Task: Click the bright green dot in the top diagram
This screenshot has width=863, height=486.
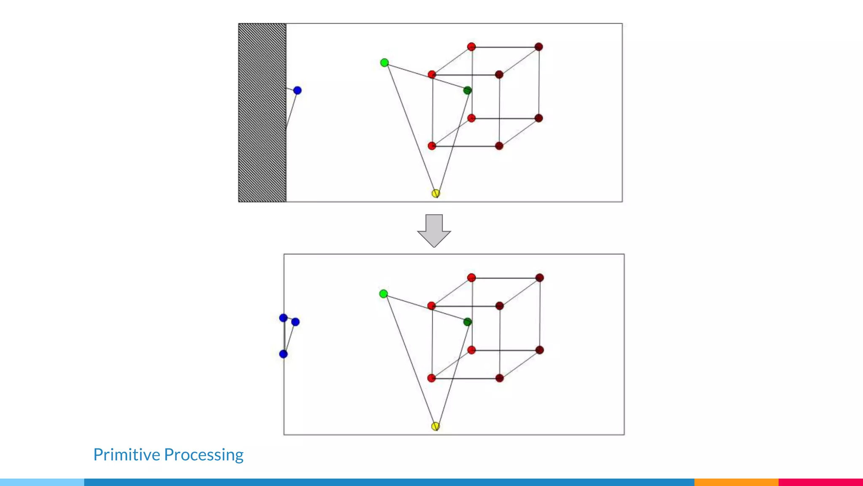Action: pos(384,63)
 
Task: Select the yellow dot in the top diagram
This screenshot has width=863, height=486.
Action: pos(436,193)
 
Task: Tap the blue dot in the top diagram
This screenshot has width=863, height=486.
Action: pos(297,90)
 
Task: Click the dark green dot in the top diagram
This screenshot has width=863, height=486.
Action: pos(467,90)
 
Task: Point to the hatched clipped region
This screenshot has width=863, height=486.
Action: pos(262,113)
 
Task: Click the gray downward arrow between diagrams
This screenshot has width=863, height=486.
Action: pos(434,230)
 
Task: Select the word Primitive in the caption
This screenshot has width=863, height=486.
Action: pos(127,455)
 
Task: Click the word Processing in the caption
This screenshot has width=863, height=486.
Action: pos(204,455)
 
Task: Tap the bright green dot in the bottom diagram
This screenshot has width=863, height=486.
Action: pos(383,294)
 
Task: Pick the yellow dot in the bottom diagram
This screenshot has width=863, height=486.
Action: pos(436,426)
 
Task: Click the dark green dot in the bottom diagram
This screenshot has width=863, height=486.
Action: pos(467,322)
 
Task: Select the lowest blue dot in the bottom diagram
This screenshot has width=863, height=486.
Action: pos(284,354)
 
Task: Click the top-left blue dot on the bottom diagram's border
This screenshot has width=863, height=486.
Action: pos(284,318)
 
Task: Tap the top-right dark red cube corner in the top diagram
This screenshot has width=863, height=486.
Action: pos(539,47)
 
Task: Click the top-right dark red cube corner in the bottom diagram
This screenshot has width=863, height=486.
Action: pos(540,278)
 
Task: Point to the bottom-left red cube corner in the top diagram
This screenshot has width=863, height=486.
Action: pos(432,146)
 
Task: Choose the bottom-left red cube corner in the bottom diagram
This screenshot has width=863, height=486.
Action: pos(431,378)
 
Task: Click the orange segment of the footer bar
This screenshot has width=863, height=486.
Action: pos(736,482)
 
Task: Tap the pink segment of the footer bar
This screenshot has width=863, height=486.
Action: pos(820,482)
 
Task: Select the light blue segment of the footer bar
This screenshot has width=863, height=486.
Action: pos(42,482)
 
